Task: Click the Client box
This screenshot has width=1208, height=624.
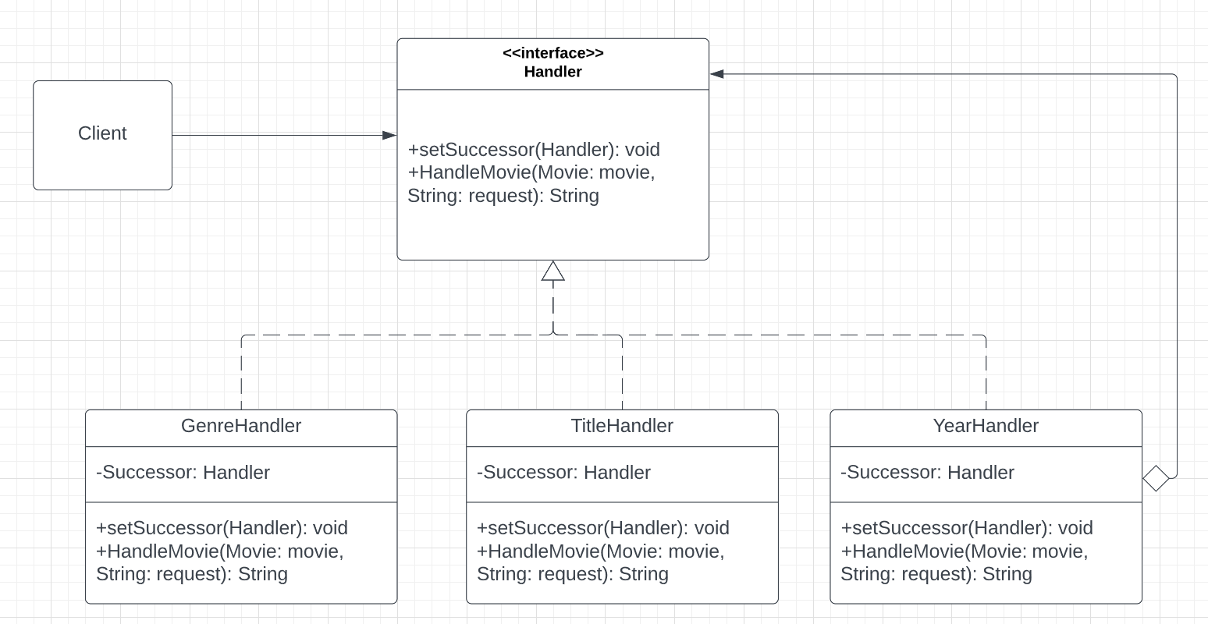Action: (x=102, y=134)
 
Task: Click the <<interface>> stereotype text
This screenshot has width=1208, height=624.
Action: (x=552, y=53)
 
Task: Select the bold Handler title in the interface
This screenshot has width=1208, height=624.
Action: (x=552, y=72)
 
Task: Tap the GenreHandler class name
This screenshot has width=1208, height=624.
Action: (x=241, y=426)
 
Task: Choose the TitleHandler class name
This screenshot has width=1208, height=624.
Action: (x=622, y=426)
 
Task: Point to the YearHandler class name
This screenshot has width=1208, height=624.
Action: (x=986, y=426)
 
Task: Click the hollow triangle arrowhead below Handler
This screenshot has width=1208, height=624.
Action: (x=553, y=271)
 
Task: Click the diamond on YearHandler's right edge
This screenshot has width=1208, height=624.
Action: (x=1156, y=477)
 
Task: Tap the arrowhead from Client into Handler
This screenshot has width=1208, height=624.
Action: (x=389, y=135)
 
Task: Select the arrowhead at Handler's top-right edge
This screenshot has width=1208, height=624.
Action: (x=717, y=74)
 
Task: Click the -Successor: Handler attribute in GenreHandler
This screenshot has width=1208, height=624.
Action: (x=183, y=473)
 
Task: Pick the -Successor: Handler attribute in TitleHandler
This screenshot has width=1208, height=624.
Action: (x=563, y=473)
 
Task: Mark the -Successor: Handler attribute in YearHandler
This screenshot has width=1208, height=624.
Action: (x=927, y=473)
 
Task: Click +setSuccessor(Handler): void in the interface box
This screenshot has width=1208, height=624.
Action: (x=534, y=150)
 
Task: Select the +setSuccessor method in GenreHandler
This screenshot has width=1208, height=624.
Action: (x=222, y=528)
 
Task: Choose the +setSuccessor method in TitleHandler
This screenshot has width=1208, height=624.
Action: (x=602, y=528)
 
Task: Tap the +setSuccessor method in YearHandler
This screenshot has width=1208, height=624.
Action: (x=966, y=528)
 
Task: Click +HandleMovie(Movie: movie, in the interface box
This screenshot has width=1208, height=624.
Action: (x=531, y=172)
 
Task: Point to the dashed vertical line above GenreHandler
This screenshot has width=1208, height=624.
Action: (x=242, y=374)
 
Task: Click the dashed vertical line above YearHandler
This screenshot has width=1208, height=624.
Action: (x=986, y=374)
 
